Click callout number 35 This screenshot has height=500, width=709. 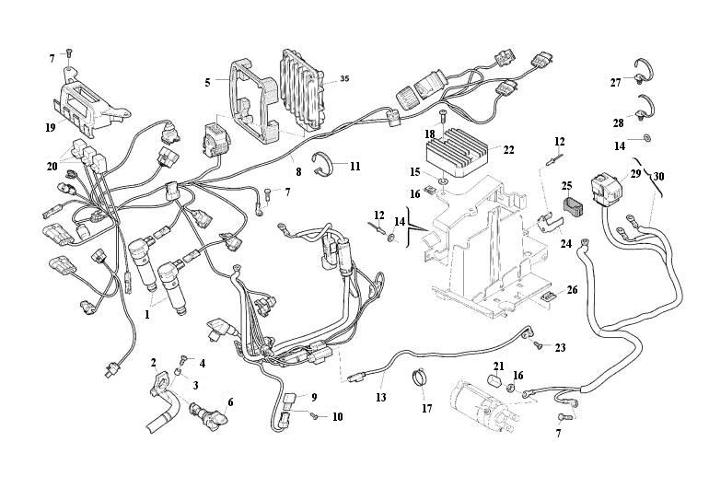point(344,80)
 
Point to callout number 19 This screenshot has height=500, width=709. point(50,126)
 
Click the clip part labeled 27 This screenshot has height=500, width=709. point(647,66)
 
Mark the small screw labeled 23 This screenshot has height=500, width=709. point(535,346)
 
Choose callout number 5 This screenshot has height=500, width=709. point(208,82)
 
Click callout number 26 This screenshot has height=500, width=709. point(572,290)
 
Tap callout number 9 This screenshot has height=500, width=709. point(313,397)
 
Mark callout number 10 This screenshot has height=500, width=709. point(337,416)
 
